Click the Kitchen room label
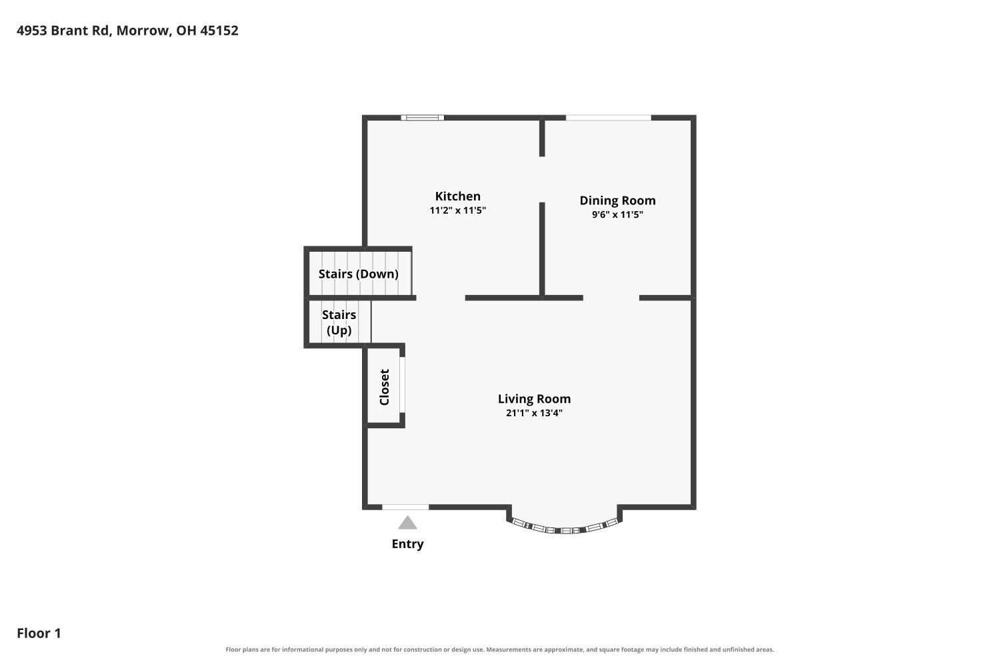point(457,196)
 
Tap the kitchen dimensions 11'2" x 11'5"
point(457,210)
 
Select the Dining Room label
point(617,200)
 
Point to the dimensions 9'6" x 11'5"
point(617,214)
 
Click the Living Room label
point(534,399)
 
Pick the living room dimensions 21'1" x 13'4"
point(534,413)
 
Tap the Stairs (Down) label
point(359,274)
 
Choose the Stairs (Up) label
point(339,322)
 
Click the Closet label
point(385,387)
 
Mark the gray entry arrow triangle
point(407,523)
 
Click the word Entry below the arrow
point(407,543)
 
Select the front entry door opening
point(405,507)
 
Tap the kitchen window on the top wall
point(422,118)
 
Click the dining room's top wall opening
point(609,118)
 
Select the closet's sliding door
point(402,385)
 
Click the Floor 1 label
point(39,633)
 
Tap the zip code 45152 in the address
point(219,31)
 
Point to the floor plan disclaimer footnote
point(499,649)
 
